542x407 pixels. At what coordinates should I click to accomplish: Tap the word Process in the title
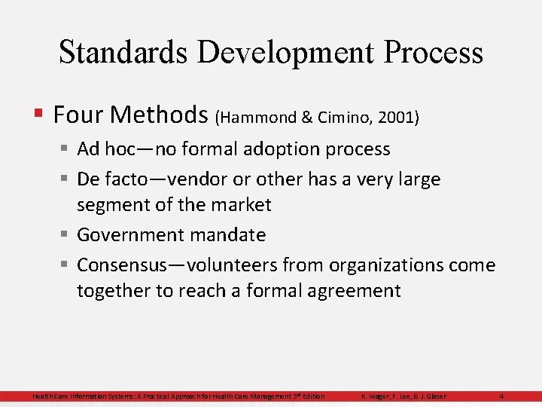[x=434, y=53]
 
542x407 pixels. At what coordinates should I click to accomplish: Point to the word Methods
[x=160, y=115]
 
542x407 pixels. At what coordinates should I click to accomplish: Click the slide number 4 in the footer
[x=501, y=396]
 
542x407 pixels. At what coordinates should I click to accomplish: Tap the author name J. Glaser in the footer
[x=431, y=396]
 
